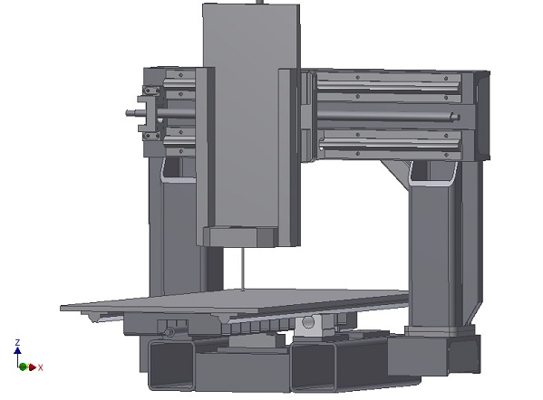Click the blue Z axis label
(x=17, y=342)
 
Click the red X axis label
(x=41, y=367)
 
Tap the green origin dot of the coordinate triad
(x=23, y=367)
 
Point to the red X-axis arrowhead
(x=33, y=367)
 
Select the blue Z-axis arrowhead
(x=17, y=350)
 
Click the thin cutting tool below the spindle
(x=244, y=269)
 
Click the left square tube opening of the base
(x=171, y=364)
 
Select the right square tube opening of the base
(x=313, y=367)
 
